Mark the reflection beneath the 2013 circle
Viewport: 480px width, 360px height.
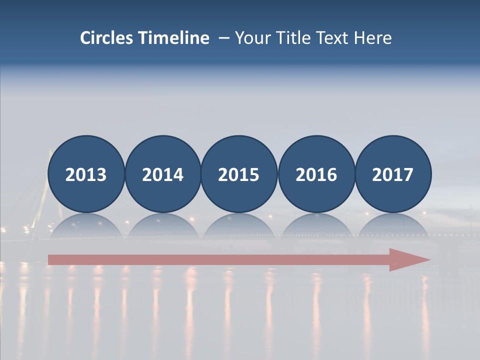[x=86, y=225]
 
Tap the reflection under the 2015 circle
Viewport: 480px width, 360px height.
[x=239, y=225]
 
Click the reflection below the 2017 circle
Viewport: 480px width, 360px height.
[x=393, y=225]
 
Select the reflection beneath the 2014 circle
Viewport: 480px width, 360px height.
[x=163, y=225]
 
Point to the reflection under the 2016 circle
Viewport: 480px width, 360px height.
[x=316, y=225]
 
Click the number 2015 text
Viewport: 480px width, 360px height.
[x=239, y=175]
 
